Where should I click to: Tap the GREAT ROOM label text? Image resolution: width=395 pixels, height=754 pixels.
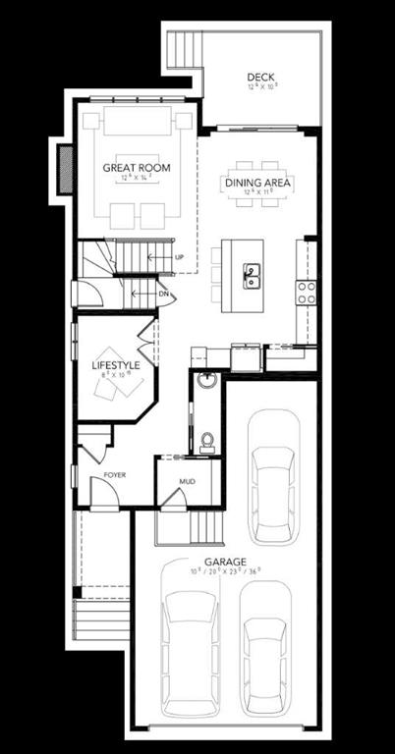(x=137, y=168)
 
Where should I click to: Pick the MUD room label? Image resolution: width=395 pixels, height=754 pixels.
(x=188, y=482)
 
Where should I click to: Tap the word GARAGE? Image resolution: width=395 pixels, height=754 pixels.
(x=226, y=562)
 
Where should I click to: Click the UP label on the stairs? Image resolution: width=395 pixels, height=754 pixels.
(x=179, y=257)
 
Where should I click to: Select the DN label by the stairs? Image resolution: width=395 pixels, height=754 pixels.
(x=165, y=293)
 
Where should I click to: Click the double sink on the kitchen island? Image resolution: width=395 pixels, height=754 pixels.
(x=252, y=275)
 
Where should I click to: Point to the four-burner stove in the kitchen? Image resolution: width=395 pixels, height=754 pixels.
(x=306, y=290)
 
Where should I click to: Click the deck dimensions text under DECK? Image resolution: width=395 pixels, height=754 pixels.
(x=260, y=86)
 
